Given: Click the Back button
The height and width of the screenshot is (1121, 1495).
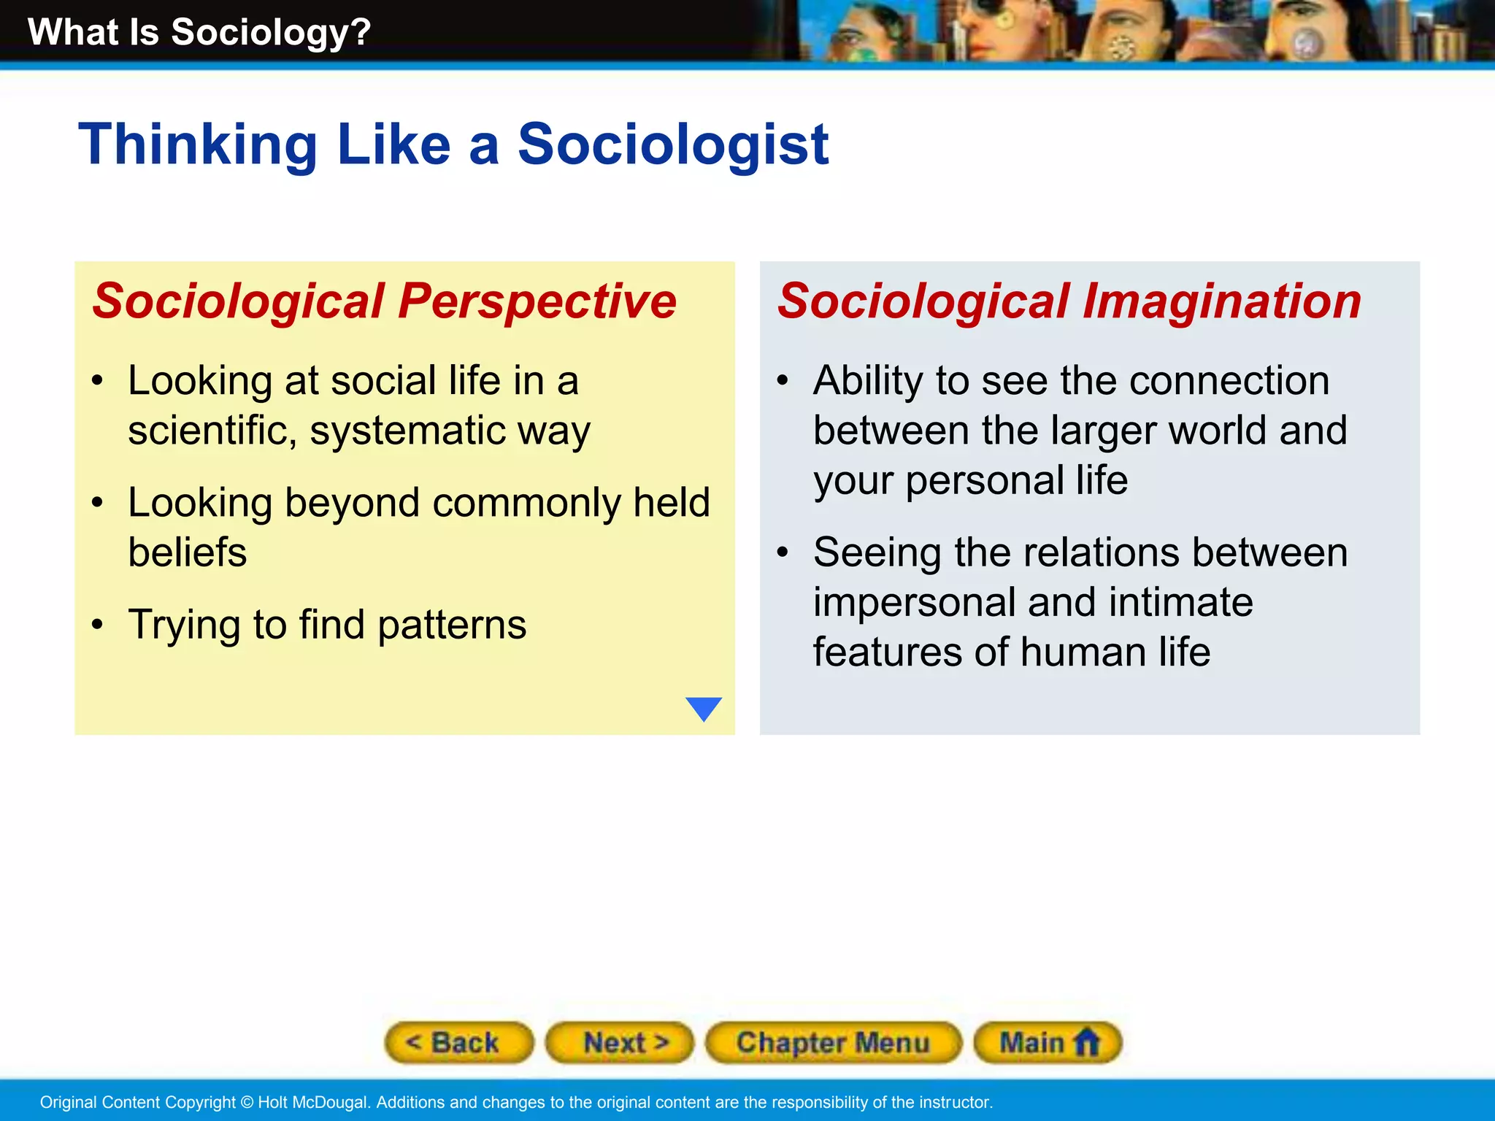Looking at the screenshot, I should pos(458,1042).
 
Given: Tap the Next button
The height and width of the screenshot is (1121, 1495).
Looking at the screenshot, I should pos(620,1042).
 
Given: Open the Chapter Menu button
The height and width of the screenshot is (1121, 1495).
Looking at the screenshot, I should pos(833,1042).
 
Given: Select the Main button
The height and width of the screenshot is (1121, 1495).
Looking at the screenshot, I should pos(1048,1042).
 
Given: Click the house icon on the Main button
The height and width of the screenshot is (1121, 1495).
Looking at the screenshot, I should pos(1087,1041).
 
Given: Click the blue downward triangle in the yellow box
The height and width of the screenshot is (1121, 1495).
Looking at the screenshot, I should pos(704,708).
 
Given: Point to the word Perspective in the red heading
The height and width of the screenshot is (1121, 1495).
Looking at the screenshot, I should pos(537,301).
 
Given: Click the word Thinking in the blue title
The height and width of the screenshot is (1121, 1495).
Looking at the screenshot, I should pos(197,145).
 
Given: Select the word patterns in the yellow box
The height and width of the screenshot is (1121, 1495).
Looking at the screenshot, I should pos(452,625).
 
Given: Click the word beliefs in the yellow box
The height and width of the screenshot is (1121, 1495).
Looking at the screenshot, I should pos(188,552).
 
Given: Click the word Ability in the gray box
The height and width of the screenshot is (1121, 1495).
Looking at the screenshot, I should pos(869,382).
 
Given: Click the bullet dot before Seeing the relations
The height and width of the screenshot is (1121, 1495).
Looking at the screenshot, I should pos(783,552).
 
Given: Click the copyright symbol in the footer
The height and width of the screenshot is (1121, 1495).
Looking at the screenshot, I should pos(246,1102).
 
